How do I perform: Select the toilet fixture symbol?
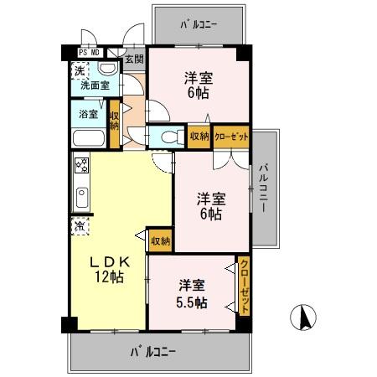168,137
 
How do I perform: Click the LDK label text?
109,261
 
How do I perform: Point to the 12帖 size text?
109,276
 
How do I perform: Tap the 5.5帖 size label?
191,303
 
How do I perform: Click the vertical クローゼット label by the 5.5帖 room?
244,286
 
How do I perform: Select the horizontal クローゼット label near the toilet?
230,136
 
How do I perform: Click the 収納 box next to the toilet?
199,136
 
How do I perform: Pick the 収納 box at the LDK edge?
160,240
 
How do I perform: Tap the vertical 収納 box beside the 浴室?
114,116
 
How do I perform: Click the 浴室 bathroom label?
89,113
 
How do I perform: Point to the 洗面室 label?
94,85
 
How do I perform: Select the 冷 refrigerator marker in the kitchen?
80,225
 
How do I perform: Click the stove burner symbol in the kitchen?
82,164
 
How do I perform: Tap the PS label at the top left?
84,52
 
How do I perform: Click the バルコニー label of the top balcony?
199,24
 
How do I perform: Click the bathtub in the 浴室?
88,139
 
